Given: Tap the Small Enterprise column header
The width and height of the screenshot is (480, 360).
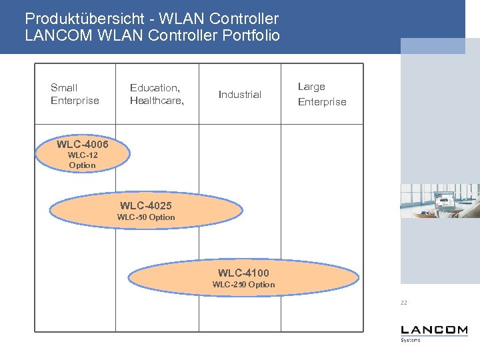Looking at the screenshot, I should (75, 94).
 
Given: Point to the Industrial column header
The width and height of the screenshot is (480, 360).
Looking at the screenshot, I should (240, 95).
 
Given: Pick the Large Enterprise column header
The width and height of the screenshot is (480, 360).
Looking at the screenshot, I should (322, 94).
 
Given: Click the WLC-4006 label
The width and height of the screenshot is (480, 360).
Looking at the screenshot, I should (82, 144).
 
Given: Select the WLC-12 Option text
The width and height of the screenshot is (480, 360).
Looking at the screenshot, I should (83, 160).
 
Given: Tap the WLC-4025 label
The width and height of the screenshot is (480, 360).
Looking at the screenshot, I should (145, 205).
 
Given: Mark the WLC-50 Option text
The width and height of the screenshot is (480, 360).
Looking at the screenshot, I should (146, 217).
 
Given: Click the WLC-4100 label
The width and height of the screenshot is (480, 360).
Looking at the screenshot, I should (243, 273).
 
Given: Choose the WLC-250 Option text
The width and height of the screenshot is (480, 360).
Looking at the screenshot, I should (243, 285).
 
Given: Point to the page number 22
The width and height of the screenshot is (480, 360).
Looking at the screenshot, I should (404, 303).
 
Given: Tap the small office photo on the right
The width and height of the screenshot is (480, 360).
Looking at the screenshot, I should (439, 201).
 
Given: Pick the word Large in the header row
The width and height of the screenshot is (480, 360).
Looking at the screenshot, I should (311, 87).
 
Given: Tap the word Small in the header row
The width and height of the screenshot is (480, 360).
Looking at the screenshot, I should (64, 87).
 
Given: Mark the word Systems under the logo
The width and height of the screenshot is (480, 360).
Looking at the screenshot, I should (411, 340).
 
